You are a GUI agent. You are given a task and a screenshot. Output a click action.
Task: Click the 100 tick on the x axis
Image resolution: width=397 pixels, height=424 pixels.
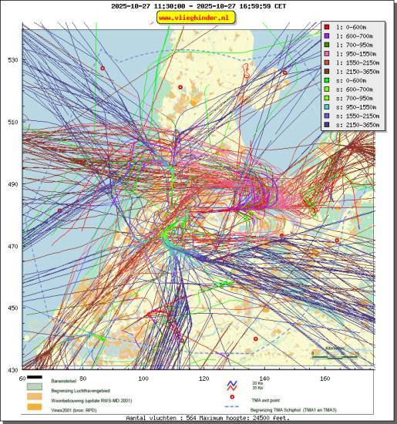(143, 379)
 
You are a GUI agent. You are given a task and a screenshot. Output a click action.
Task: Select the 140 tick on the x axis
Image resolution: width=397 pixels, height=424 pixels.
(264, 379)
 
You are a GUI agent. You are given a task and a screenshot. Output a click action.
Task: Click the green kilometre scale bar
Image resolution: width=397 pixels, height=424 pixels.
(334, 355)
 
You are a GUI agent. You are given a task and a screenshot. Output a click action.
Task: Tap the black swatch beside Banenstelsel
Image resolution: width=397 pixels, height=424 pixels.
(35, 378)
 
